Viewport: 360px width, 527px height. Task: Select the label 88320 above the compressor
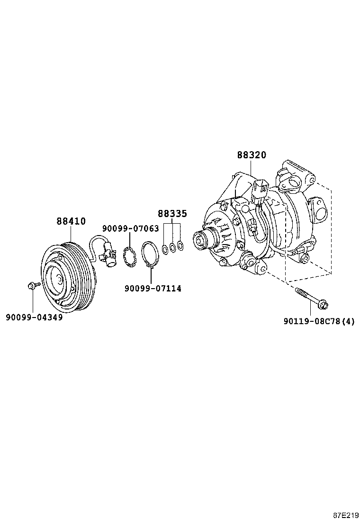(252, 155)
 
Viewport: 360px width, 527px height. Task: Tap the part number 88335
(172, 214)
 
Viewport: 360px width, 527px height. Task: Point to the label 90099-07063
(130, 228)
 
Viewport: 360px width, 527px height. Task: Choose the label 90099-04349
(34, 317)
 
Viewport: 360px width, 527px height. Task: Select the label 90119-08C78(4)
(319, 322)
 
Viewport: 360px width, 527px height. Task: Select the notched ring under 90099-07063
(129, 256)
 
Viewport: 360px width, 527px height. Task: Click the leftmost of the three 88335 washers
(164, 249)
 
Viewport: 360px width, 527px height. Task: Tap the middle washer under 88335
(172, 247)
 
